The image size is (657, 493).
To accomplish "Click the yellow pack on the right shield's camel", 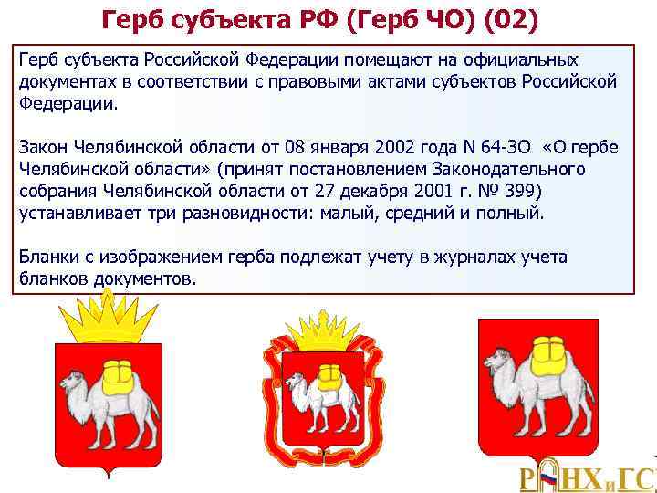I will [551, 351].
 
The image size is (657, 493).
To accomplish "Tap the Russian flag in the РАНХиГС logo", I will [547, 477].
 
